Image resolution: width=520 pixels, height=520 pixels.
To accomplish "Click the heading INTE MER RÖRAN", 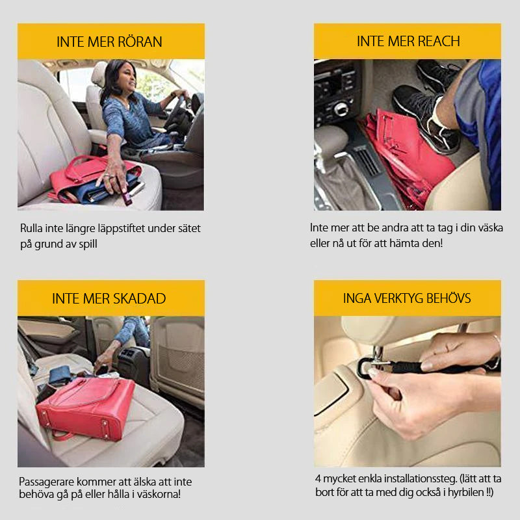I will tap(110, 42).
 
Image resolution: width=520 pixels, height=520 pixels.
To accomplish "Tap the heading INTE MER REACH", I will tap(408, 42).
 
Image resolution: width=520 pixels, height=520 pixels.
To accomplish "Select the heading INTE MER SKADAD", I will tap(110, 298).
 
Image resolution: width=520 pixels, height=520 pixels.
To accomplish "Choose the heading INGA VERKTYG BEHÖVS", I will tap(407, 298).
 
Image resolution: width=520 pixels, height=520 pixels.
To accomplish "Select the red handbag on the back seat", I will tap(84, 406).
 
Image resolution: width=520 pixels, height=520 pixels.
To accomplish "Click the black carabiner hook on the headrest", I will tap(366, 367).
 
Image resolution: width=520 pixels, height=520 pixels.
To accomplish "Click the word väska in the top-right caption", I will tap(488, 229).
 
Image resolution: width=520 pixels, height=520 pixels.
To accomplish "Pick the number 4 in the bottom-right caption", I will tap(318, 479).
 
